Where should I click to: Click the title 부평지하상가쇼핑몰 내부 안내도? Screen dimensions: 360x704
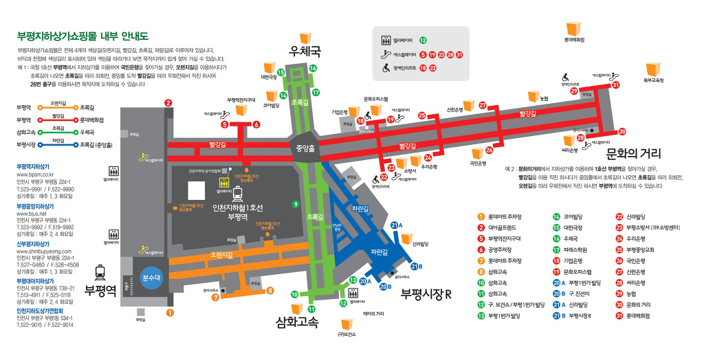(82, 36)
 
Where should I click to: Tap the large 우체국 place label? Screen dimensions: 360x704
(305, 52)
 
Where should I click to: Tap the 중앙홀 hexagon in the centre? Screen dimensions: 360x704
(305, 147)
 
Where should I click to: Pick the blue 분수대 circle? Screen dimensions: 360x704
(151, 278)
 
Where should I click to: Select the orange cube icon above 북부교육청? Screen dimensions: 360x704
(652, 69)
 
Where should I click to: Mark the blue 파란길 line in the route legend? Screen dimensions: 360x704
(58, 145)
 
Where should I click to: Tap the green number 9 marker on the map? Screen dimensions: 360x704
(295, 203)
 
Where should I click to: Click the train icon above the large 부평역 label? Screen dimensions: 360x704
(100, 271)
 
